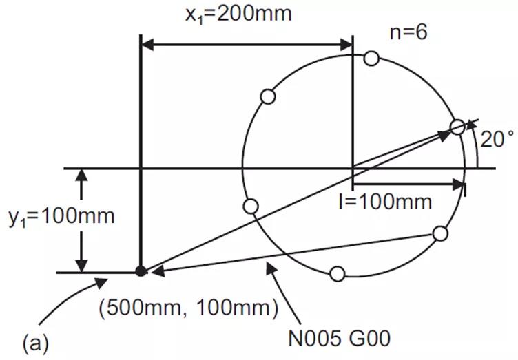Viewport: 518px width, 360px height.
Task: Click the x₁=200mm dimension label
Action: pos(238,14)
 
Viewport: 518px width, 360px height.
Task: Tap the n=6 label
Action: pos(408,32)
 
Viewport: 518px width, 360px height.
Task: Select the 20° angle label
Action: pos(497,139)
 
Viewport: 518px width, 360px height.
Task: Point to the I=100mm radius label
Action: pos(385,202)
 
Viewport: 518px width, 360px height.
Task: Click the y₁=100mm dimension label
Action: pos(61,217)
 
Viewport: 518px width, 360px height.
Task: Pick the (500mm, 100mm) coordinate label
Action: pos(189,308)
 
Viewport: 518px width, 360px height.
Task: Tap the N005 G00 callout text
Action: pos(340,338)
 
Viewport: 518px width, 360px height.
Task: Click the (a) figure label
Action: pos(36,343)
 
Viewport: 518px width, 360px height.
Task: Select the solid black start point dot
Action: pos(141,271)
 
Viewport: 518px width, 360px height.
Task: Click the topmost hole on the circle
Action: pos(371,59)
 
